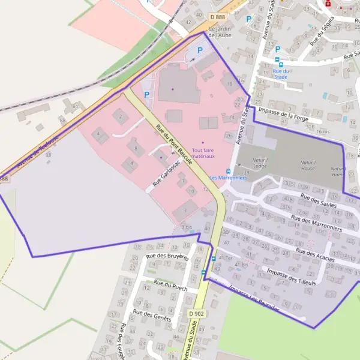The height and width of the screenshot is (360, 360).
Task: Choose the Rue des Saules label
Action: (319, 200)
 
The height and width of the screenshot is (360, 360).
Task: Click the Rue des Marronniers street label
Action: (316, 224)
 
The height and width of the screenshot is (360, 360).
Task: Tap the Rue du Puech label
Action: (170, 286)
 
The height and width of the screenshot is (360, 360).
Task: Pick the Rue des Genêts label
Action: (152, 316)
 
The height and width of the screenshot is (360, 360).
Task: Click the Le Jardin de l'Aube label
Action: (220, 32)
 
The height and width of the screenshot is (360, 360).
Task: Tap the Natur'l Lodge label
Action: (259, 164)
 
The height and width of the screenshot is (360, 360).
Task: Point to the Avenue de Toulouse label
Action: (37, 147)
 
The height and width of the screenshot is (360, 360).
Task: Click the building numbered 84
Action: (75, 106)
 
